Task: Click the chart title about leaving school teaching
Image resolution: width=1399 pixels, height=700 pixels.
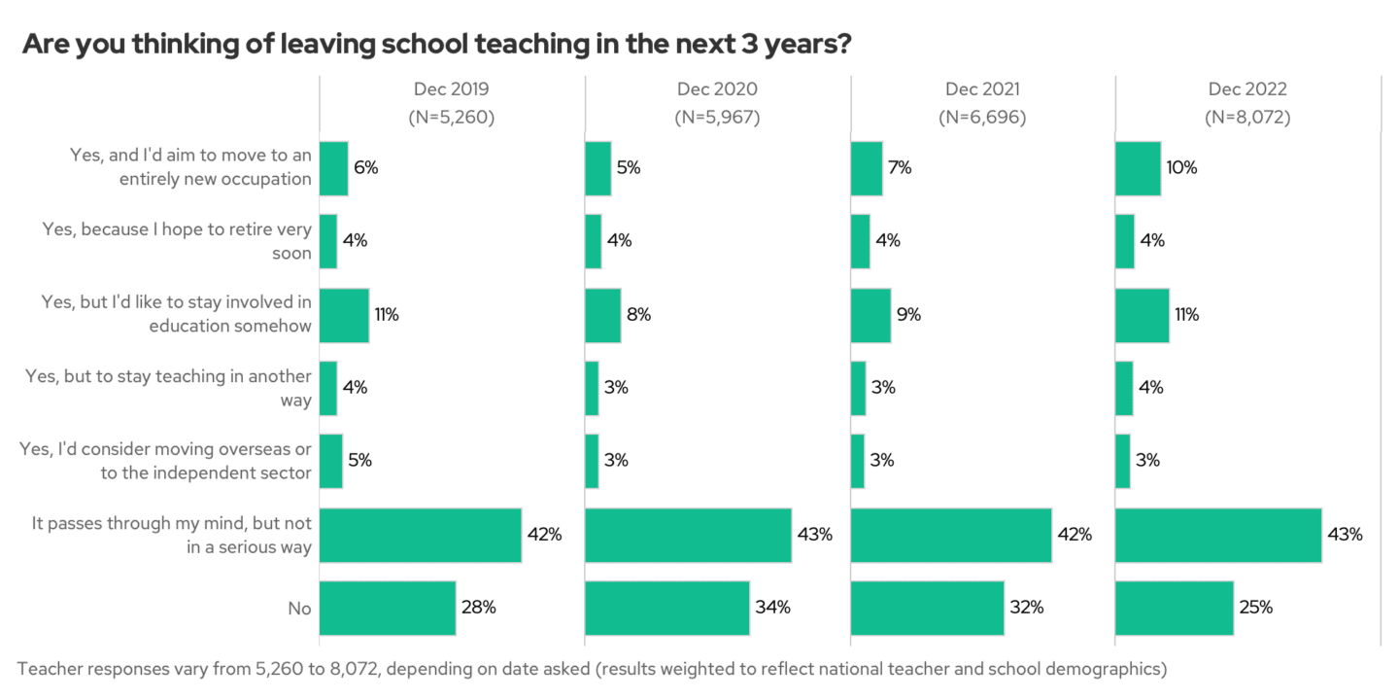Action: (x=437, y=44)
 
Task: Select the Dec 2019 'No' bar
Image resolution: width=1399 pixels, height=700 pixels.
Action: (x=388, y=608)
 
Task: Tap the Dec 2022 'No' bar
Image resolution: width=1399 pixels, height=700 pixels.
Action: (x=1174, y=608)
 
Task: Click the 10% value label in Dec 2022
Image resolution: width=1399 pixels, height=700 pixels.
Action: (x=1182, y=167)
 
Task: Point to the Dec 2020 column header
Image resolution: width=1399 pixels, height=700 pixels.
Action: (x=717, y=89)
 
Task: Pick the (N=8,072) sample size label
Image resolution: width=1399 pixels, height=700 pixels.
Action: (x=1247, y=118)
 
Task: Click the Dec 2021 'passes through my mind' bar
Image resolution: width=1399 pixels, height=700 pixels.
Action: (x=950, y=535)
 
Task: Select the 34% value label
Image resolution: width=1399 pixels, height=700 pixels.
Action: (x=772, y=608)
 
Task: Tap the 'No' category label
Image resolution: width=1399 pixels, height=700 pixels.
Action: (x=299, y=609)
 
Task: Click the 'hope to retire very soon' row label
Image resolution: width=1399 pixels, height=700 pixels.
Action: (x=177, y=241)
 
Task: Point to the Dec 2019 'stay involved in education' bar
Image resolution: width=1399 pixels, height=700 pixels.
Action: (x=344, y=315)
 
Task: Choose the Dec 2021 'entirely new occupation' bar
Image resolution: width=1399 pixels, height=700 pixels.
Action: (x=866, y=168)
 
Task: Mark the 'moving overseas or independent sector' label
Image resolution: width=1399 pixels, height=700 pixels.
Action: (x=166, y=461)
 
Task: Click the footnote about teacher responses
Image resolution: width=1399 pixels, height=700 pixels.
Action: (x=592, y=669)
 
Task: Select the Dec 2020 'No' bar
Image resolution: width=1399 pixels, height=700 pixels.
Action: (x=666, y=608)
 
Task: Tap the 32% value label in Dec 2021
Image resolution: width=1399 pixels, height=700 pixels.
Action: (x=1026, y=608)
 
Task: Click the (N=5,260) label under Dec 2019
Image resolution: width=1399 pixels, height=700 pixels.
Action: (x=452, y=118)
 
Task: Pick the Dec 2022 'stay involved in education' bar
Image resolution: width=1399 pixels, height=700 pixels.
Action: (x=1142, y=315)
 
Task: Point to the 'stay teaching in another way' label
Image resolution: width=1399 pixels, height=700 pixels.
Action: (x=168, y=388)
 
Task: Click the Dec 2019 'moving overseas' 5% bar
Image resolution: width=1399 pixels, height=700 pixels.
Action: (x=330, y=461)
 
